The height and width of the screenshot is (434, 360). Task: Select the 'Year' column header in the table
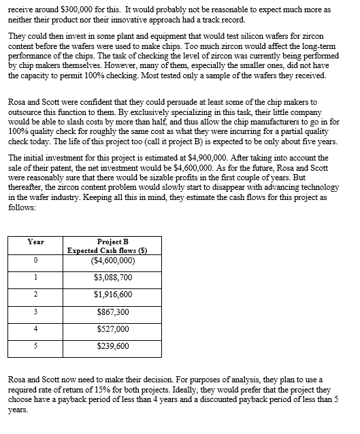[35, 241]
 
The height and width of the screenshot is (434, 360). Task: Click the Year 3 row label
[35, 312]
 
